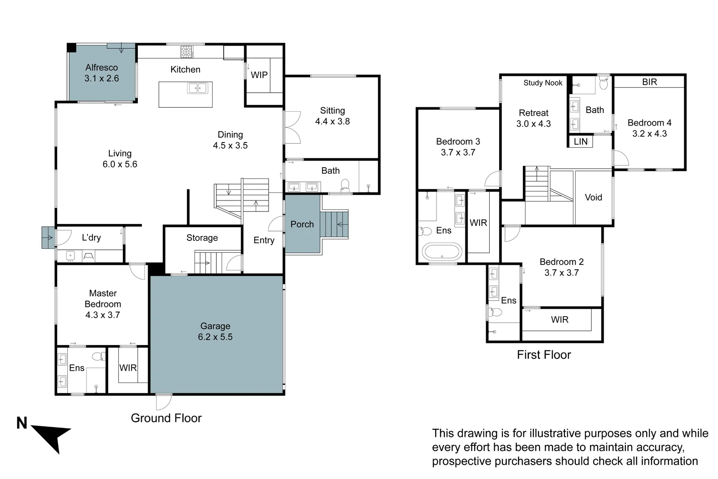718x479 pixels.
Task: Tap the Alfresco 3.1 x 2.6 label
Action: click(101, 73)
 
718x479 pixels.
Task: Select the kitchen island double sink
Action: click(198, 88)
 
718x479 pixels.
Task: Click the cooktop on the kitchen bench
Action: click(187, 52)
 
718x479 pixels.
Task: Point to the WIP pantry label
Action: click(259, 75)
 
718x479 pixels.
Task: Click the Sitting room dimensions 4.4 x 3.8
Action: click(332, 122)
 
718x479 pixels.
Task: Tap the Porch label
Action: click(302, 224)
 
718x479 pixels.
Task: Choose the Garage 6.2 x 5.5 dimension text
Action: click(215, 337)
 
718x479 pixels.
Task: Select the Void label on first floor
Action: click(593, 197)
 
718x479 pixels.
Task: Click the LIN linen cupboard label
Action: click(581, 141)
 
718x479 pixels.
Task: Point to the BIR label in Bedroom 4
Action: click(649, 82)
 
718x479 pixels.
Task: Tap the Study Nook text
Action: click(542, 83)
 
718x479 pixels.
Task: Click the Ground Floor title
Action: click(166, 418)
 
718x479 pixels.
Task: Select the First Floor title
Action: click(544, 355)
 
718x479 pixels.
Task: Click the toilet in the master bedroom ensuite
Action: click(100, 356)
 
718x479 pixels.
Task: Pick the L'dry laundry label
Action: click(91, 238)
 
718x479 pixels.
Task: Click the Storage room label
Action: click(202, 238)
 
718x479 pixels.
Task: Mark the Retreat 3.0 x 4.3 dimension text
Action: click(534, 124)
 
